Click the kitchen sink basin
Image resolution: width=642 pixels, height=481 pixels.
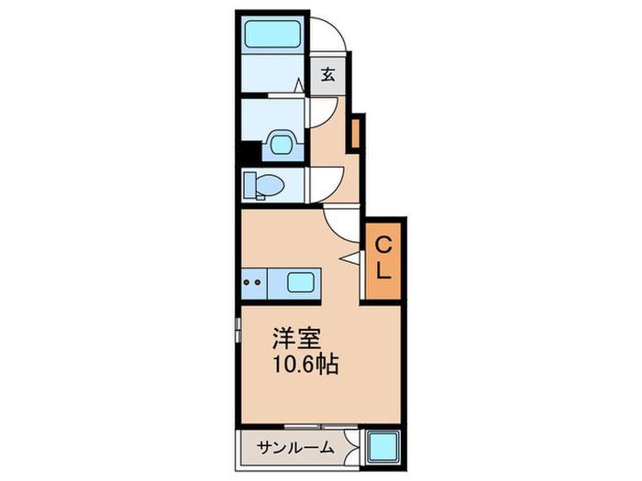302,280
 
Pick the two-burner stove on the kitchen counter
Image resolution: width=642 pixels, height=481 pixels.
257,280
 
